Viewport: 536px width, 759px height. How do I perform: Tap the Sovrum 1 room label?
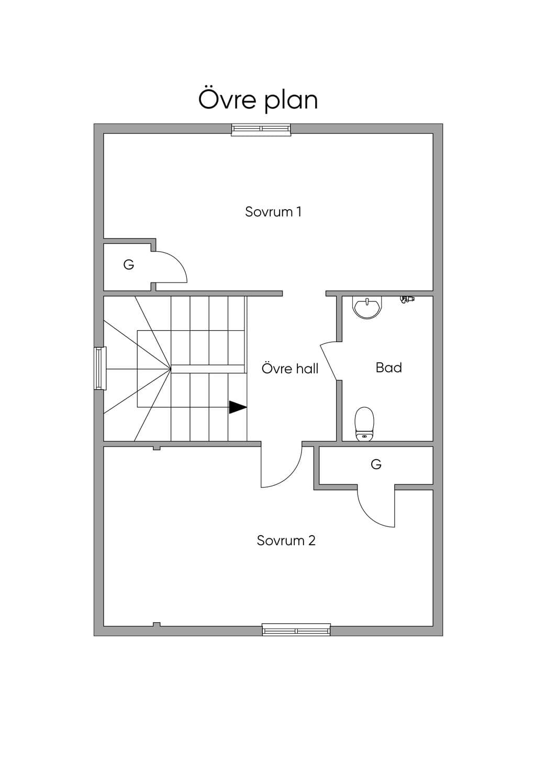click(273, 212)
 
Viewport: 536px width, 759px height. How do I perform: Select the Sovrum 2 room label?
click(286, 540)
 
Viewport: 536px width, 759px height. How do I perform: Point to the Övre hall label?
click(290, 368)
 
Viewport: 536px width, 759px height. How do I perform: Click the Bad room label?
click(389, 367)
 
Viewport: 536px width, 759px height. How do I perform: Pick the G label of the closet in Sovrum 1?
click(129, 264)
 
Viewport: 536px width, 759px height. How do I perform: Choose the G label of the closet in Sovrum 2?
click(376, 464)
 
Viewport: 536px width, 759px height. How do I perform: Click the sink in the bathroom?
click(367, 308)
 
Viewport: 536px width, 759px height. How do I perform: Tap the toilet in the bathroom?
click(364, 424)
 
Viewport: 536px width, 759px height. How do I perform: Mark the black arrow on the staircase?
click(238, 407)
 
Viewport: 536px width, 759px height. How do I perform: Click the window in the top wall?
click(261, 129)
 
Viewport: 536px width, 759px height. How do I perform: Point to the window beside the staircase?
click(100, 368)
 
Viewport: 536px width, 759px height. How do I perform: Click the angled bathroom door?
click(328, 362)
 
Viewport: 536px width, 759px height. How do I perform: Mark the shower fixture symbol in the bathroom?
click(407, 299)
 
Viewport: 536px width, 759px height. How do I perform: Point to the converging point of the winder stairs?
click(170, 368)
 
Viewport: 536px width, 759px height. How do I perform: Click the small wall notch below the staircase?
click(157, 448)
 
